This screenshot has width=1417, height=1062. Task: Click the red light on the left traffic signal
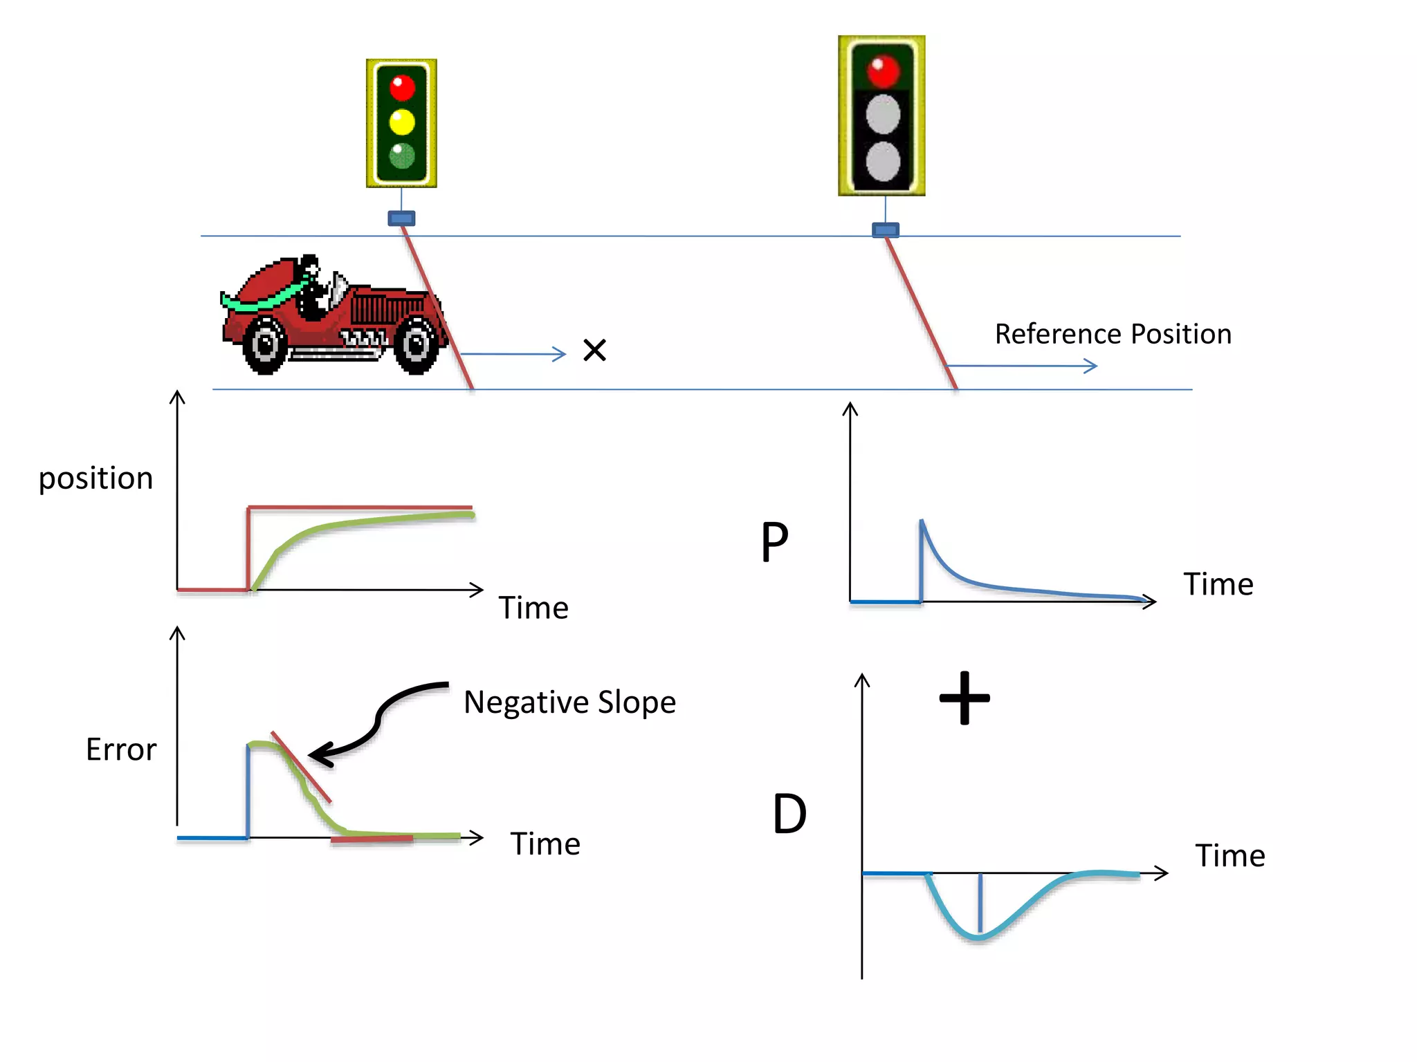pyautogui.click(x=402, y=88)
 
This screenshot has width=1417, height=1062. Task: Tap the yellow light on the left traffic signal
pyautogui.click(x=402, y=122)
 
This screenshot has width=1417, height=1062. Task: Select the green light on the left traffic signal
pyautogui.click(x=402, y=156)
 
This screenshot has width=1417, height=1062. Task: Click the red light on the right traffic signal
pyautogui.click(x=883, y=71)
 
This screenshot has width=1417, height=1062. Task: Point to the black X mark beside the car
pyautogui.click(x=594, y=350)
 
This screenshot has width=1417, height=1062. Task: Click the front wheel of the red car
pyautogui.click(x=417, y=344)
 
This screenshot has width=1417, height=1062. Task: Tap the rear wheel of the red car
pyautogui.click(x=265, y=344)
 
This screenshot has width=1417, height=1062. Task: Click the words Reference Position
pyautogui.click(x=1113, y=334)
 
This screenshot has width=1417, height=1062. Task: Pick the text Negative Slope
pyautogui.click(x=569, y=702)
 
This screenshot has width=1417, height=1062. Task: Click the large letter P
pyautogui.click(x=775, y=542)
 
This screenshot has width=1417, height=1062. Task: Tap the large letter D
pyautogui.click(x=789, y=814)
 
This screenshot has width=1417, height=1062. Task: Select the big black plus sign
pyautogui.click(x=965, y=698)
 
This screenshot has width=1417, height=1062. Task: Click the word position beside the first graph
pyautogui.click(x=95, y=478)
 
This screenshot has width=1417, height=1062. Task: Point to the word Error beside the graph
pyautogui.click(x=121, y=749)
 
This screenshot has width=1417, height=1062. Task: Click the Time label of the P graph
pyautogui.click(x=1218, y=585)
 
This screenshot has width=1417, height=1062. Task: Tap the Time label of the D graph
pyautogui.click(x=1229, y=856)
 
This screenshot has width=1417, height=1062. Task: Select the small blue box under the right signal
pyautogui.click(x=885, y=230)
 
